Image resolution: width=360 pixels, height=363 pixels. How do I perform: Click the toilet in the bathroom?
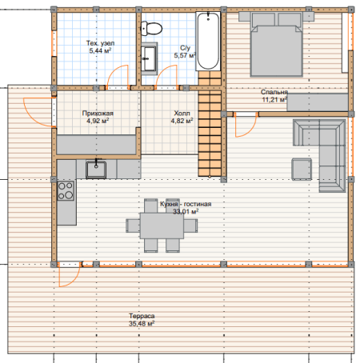[x=151, y=29]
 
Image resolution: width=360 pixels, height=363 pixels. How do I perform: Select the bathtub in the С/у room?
[x=208, y=41]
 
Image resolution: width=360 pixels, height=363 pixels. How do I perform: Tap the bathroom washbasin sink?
[x=149, y=58]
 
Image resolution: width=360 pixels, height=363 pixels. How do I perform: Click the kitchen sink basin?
[x=96, y=169]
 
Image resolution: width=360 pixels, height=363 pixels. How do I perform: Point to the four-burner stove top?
[x=66, y=190]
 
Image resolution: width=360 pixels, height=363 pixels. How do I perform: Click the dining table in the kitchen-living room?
[x=162, y=225]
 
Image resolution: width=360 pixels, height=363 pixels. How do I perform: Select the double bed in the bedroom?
[x=276, y=45]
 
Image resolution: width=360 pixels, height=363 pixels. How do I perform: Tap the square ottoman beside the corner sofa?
[x=302, y=169]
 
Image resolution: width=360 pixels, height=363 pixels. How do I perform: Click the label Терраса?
[x=142, y=316]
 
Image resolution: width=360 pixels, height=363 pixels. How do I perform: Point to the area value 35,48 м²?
[x=142, y=324]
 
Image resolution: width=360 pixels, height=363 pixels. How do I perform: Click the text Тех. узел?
[x=100, y=43]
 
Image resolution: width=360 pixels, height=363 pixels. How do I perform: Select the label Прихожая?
[x=98, y=114]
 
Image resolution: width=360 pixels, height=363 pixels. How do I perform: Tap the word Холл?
[x=182, y=114]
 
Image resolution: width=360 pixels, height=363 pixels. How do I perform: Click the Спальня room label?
[x=274, y=92]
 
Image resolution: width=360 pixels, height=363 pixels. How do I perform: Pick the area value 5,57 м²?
[x=185, y=55]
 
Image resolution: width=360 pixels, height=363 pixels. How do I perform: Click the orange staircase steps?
[x=210, y=124]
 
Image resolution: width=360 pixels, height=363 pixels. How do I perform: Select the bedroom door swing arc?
[x=250, y=130]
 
